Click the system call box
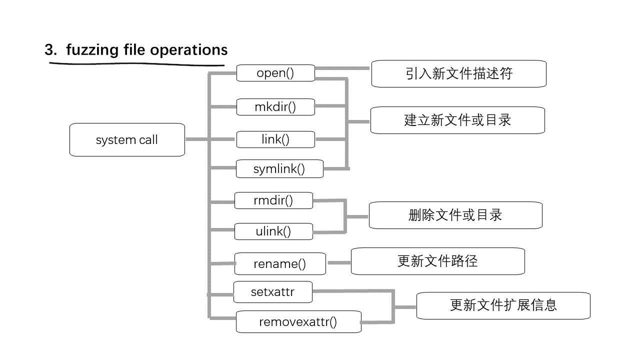tap(127, 139)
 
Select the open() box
tap(275, 73)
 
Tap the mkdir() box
tap(275, 107)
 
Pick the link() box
tap(275, 139)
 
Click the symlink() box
tap(279, 169)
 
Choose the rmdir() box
tap(273, 200)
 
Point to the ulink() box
tap(273, 231)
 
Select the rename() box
tap(279, 263)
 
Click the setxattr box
tap(272, 292)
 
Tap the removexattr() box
tap(298, 322)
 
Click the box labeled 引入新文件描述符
tap(458, 74)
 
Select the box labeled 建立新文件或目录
tap(457, 120)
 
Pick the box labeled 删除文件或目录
tap(455, 215)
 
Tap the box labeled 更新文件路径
tap(437, 261)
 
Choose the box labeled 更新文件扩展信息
tap(503, 305)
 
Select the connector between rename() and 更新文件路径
tap(338, 262)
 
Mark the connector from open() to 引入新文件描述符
tap(343, 67)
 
